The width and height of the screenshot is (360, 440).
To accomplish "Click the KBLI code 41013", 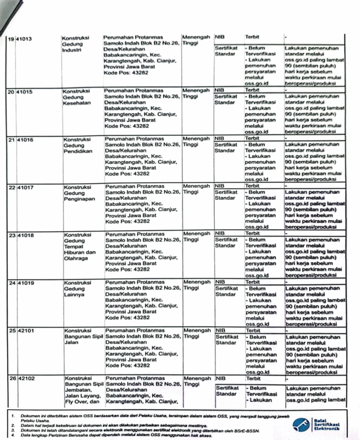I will (24, 40).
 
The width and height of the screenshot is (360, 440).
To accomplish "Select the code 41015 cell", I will (25, 91).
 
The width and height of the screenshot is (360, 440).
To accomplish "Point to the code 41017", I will (25, 188).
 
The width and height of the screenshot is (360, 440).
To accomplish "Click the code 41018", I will (25, 235).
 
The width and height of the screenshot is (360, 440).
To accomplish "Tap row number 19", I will (11, 40).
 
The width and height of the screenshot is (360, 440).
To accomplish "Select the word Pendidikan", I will (79, 150).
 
